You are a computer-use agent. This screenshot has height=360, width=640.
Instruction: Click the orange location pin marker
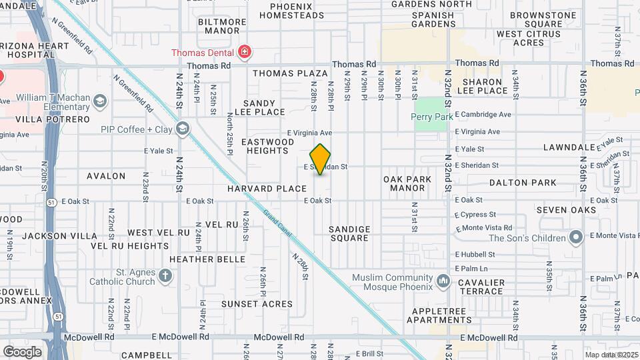click(321, 159)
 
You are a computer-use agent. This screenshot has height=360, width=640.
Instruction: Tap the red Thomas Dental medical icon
click(245, 52)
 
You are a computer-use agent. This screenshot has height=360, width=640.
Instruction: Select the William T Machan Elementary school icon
click(100, 101)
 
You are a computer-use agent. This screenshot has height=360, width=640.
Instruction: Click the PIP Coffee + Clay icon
click(183, 129)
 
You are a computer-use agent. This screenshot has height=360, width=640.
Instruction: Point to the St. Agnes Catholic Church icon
click(166, 275)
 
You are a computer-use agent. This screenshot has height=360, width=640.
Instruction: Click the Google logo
click(23, 351)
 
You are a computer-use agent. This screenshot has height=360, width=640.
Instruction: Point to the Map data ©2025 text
click(611, 355)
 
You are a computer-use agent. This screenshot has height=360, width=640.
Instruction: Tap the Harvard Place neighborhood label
click(267, 189)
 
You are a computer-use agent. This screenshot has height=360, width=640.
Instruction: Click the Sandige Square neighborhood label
click(349, 233)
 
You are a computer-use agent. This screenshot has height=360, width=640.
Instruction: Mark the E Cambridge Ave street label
click(483, 115)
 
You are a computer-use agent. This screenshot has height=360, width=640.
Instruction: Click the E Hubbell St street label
click(475, 254)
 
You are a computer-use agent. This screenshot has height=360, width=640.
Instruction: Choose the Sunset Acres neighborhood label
click(257, 304)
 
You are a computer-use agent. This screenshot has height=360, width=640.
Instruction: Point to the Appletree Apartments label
click(442, 315)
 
